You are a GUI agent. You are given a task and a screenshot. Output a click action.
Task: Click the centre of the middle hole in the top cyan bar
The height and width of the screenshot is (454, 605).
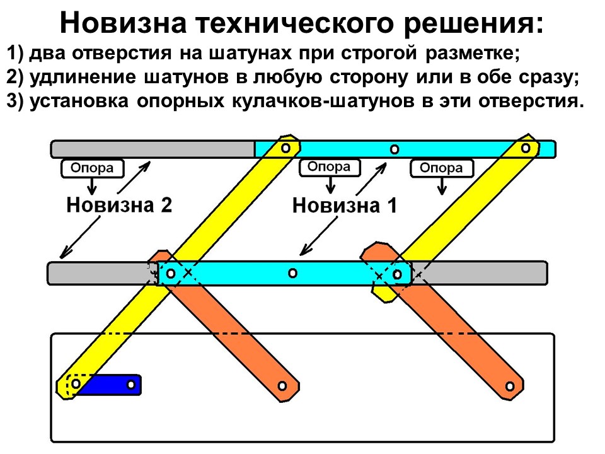(x=394, y=149)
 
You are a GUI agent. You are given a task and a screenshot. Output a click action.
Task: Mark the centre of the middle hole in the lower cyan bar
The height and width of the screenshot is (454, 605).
(x=292, y=273)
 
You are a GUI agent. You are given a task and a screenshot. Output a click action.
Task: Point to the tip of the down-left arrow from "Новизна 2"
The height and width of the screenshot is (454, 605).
(x=60, y=258)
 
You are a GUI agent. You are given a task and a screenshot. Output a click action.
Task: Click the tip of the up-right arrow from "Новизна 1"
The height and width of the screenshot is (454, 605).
(x=386, y=163)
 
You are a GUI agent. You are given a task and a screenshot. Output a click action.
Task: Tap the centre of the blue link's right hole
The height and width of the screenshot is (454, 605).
(x=131, y=385)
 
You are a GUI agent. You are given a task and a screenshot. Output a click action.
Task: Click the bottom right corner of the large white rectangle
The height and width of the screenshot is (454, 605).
(x=555, y=441)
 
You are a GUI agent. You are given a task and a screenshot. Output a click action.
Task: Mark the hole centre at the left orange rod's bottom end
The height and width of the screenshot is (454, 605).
(x=282, y=386)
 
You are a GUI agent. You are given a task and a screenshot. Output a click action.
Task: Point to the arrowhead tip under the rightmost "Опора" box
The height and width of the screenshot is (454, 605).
(x=442, y=195)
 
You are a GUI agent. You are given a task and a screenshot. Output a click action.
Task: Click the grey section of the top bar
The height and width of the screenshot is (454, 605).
(x=153, y=149)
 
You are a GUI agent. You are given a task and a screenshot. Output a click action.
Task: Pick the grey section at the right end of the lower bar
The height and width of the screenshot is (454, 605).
(x=480, y=273)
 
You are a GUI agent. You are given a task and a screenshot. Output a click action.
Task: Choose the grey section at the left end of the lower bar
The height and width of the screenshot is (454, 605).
(x=102, y=273)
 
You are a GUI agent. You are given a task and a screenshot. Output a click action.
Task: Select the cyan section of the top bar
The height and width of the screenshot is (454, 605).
(x=405, y=149)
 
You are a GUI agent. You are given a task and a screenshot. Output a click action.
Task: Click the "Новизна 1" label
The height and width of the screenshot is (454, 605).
(x=345, y=206)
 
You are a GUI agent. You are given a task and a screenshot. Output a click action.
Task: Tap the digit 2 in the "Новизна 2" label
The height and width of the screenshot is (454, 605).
(x=166, y=204)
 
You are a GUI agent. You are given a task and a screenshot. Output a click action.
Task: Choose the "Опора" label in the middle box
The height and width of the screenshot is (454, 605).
(x=329, y=166)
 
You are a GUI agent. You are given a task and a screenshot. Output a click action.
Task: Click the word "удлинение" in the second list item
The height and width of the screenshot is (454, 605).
(x=83, y=77)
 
